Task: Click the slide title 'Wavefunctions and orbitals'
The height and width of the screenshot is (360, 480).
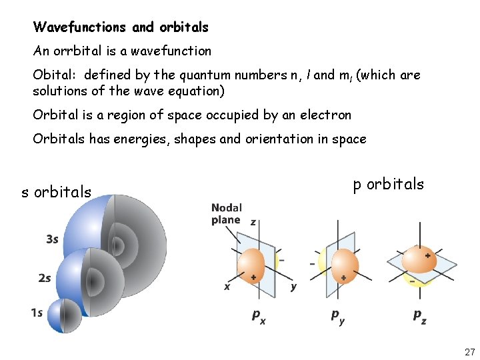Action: tap(121, 27)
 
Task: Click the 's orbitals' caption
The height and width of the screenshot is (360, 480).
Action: tap(57, 193)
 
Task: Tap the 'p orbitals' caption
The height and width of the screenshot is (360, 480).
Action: tap(388, 184)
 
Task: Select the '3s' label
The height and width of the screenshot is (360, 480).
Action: tap(52, 239)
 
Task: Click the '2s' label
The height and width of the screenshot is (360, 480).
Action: tap(45, 279)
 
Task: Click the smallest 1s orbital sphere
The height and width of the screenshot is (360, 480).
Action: tap(63, 315)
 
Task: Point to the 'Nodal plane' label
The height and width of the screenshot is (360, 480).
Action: tap(227, 214)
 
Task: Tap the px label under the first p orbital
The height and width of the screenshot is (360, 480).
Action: tap(259, 315)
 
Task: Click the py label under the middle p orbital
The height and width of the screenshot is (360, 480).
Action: tap(339, 315)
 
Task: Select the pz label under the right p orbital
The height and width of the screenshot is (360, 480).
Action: tap(419, 315)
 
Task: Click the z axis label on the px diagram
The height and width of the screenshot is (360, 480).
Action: tap(253, 222)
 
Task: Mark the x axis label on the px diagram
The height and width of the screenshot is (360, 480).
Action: tap(227, 287)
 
